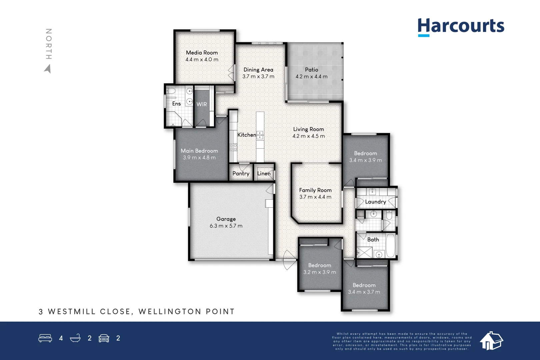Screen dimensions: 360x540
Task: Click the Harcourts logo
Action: click(x=461, y=26)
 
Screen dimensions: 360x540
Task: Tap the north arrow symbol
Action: click(x=48, y=69)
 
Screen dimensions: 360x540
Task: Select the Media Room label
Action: click(x=202, y=53)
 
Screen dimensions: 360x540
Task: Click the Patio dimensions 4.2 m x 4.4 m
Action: click(x=311, y=77)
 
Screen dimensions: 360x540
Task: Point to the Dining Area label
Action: click(x=258, y=70)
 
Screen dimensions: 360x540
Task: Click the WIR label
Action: click(x=202, y=104)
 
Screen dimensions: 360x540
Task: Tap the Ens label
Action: click(x=176, y=104)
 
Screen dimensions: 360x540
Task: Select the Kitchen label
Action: click(x=247, y=135)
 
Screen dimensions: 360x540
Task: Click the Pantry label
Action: click(x=241, y=173)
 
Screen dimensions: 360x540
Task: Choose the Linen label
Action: click(x=264, y=173)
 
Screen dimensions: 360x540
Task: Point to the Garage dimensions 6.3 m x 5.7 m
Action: click(x=226, y=226)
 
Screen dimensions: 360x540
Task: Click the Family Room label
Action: click(x=315, y=190)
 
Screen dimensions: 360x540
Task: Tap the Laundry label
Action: click(x=375, y=202)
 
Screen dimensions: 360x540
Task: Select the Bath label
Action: click(x=373, y=240)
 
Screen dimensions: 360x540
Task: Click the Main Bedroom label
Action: click(x=199, y=151)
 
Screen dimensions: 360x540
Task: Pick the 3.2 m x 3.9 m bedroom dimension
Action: click(x=320, y=272)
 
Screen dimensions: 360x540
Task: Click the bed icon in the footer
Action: click(x=45, y=338)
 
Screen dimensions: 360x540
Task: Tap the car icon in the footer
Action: click(x=104, y=338)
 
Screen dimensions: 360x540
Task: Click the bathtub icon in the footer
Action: click(x=75, y=338)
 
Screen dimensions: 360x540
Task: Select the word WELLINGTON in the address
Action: click(x=170, y=312)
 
